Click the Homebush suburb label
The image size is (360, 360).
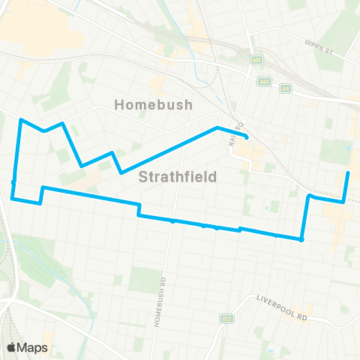pos(154,105)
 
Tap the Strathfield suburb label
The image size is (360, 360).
pos(178,177)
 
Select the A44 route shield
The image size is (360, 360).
pos(264,81)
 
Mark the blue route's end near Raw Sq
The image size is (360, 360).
pos(247,137)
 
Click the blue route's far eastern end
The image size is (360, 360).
pos(348,173)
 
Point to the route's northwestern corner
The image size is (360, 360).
pos(20,119)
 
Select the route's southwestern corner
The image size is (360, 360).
pos(12,199)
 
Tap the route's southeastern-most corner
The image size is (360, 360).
pos(301,240)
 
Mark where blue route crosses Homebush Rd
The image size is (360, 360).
pos(172,221)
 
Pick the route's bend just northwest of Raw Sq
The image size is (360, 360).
pos(217,127)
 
